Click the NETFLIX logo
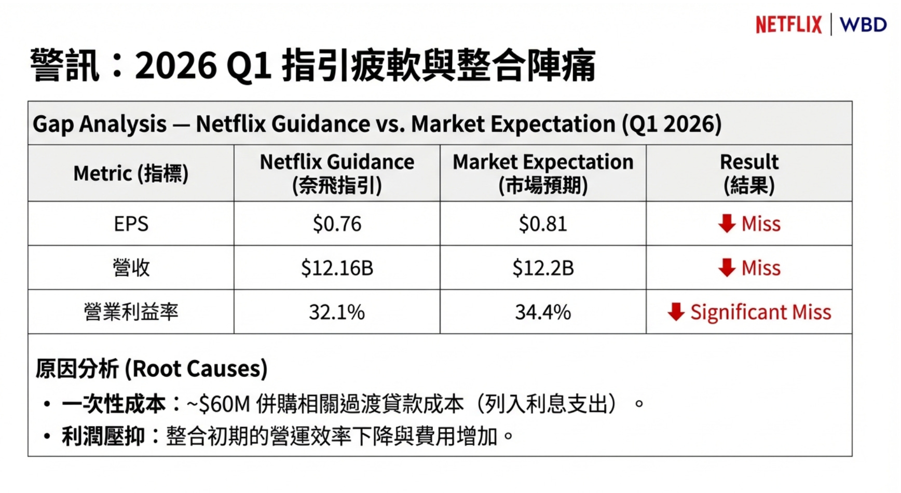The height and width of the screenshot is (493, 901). tap(788, 24)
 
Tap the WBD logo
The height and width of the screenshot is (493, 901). tap(863, 24)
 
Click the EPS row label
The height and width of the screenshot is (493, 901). tap(131, 224)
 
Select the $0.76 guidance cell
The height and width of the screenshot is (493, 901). tap(337, 224)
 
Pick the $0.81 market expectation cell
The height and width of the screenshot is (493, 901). tap(543, 224)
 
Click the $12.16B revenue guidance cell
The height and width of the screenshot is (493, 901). tap(337, 268)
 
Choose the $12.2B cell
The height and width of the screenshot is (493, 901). tap(543, 268)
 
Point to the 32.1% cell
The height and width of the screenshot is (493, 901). tap(337, 312)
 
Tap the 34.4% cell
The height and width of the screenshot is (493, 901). tap(543, 312)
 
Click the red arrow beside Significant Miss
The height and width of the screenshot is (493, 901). tap(676, 312)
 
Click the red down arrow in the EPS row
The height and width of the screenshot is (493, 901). tap(727, 224)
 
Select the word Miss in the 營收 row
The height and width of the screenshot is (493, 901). tap(761, 268)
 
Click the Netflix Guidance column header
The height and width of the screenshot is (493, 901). tap(337, 173)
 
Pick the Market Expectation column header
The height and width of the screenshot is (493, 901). tap(543, 173)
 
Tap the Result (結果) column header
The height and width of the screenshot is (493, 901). tap(749, 173)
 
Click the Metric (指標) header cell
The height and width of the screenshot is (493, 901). tap(131, 173)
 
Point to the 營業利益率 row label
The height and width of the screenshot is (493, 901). tap(131, 312)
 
